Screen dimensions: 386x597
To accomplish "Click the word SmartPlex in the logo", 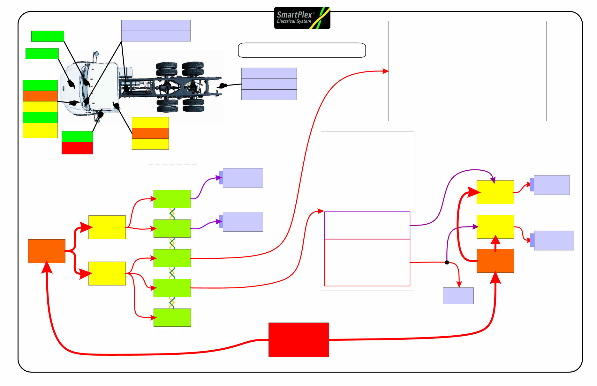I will tap(294, 15).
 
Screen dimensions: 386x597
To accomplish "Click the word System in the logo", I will tap(303, 21).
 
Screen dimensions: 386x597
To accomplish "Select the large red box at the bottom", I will tap(298, 339).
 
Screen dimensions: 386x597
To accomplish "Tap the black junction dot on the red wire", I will tap(447, 262).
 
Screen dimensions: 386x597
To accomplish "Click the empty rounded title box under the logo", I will tap(302, 50).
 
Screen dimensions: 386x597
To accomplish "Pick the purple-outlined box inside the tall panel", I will tap(367, 225).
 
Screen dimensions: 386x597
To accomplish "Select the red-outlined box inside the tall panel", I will tap(367, 262).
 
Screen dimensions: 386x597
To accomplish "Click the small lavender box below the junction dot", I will tap(458, 296).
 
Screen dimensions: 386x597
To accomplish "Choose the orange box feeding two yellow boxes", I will tap(47, 251).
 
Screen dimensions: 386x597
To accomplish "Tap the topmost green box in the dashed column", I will tap(172, 199).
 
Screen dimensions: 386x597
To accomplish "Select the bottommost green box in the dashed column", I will tap(172, 317).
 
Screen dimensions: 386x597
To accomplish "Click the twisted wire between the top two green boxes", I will tap(172, 214).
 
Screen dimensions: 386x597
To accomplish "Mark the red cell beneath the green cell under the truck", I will tap(77, 148).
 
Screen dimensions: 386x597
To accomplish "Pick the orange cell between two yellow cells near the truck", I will tap(150, 133).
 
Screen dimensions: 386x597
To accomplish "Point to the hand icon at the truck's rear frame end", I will tap(222, 85).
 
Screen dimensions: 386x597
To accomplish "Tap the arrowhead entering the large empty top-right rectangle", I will tap(386, 71).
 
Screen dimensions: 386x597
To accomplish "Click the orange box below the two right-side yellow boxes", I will tap(495, 261).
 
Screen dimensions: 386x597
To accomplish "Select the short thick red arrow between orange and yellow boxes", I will tap(495, 244).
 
